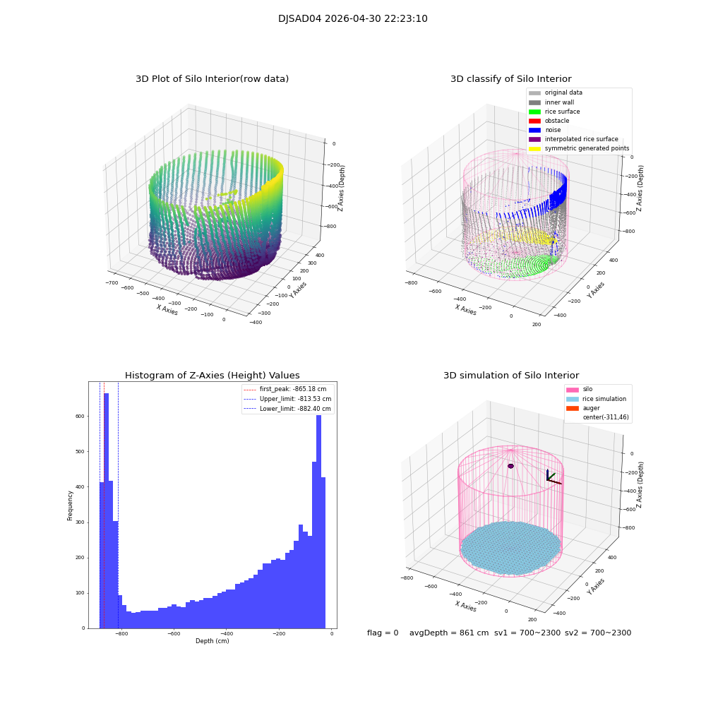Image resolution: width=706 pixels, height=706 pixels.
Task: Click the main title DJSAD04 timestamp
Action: pos(352,19)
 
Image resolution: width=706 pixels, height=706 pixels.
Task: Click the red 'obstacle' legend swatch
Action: pos(534,121)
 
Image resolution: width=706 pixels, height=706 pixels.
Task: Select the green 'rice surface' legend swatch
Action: pos(534,112)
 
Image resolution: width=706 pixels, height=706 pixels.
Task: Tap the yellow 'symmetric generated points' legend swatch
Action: pos(534,148)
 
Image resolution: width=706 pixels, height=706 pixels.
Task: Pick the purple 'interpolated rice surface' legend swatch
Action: pos(534,139)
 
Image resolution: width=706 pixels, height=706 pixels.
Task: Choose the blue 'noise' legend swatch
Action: pos(534,130)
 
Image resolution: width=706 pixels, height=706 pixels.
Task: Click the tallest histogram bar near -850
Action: pos(107,508)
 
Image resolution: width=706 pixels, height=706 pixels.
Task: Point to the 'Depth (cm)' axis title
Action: pos(212,641)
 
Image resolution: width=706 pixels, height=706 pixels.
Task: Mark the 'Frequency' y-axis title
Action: pos(70,505)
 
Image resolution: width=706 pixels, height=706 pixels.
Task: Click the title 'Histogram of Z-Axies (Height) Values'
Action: pos(212,376)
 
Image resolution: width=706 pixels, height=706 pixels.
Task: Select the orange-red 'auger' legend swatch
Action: pos(572,408)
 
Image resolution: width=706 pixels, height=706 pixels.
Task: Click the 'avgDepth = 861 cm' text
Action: pos(449,633)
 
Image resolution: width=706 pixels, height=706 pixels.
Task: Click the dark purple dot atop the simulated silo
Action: pos(510,466)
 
